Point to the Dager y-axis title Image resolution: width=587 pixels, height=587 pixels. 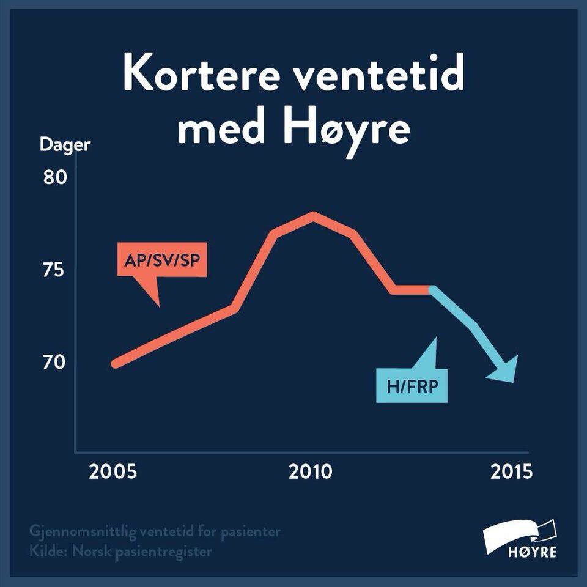pyautogui.click(x=65, y=146)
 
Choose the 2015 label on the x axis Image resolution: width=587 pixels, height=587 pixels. pyautogui.click(x=511, y=473)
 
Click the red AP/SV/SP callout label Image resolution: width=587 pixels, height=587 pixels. pyautogui.click(x=162, y=260)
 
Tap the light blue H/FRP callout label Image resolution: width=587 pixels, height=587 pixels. pyautogui.click(x=412, y=386)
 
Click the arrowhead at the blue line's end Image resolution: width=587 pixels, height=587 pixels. pyautogui.click(x=505, y=370)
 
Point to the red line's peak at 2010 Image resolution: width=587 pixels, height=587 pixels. pyautogui.click(x=313, y=215)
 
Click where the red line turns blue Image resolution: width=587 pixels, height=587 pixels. pyautogui.click(x=431, y=289)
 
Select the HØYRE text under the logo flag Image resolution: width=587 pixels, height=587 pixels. pyautogui.click(x=532, y=553)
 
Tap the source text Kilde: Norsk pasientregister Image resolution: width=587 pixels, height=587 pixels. pyautogui.click(x=120, y=551)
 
